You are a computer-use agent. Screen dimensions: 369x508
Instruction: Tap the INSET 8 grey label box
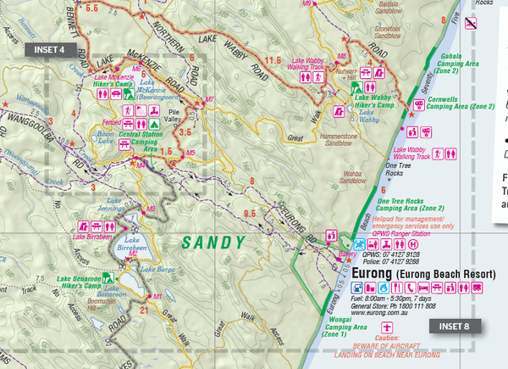(x=457, y=325)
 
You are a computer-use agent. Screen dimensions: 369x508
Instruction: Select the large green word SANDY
(x=214, y=243)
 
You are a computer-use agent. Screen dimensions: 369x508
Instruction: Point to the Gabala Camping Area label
(x=461, y=67)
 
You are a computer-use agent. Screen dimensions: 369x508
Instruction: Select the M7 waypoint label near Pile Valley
(x=209, y=100)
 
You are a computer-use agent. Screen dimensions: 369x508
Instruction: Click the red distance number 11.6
(x=273, y=61)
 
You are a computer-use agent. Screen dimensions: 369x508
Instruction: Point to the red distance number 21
(x=143, y=310)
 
